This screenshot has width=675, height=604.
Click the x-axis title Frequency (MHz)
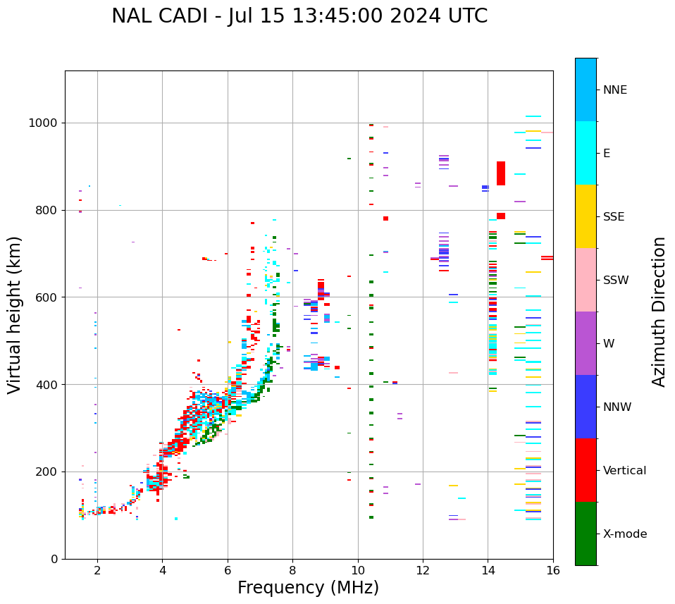[x=308, y=588]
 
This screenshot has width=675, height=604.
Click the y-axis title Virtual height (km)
[x=16, y=315]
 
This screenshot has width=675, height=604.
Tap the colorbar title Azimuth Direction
[x=659, y=312]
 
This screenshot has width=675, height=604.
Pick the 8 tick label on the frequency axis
[x=292, y=570]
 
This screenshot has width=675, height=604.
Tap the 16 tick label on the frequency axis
[x=553, y=570]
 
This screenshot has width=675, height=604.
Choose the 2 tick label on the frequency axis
[x=97, y=570]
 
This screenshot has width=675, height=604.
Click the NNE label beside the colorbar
[x=615, y=90]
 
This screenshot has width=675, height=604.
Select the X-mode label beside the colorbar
[x=625, y=534]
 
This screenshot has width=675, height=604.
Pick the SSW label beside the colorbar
[x=616, y=281]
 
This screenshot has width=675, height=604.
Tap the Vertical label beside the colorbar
[x=624, y=471]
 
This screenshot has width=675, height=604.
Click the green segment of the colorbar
[x=586, y=534]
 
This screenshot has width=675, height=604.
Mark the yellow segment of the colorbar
[x=586, y=216]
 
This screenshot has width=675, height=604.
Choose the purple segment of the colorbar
[x=586, y=343]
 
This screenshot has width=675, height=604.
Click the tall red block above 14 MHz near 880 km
[x=501, y=173]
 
